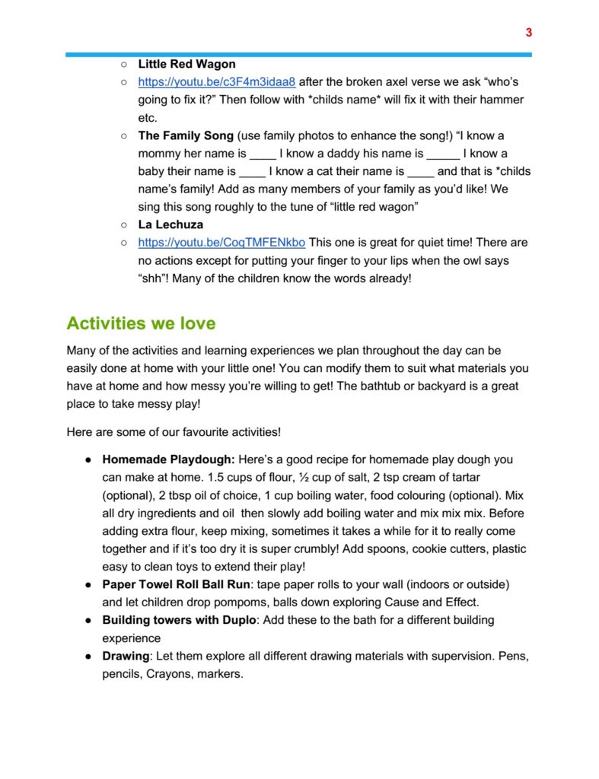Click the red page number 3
(x=528, y=33)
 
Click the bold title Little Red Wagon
(x=186, y=64)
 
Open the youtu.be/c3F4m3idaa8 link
(x=216, y=82)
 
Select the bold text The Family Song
(x=186, y=136)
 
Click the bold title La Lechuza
(x=170, y=225)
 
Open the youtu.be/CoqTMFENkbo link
(x=221, y=243)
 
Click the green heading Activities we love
(x=141, y=323)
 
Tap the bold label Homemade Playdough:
(x=168, y=459)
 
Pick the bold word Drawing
(x=126, y=656)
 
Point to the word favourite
(x=206, y=432)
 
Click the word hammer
(x=505, y=100)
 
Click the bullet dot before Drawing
(x=88, y=656)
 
